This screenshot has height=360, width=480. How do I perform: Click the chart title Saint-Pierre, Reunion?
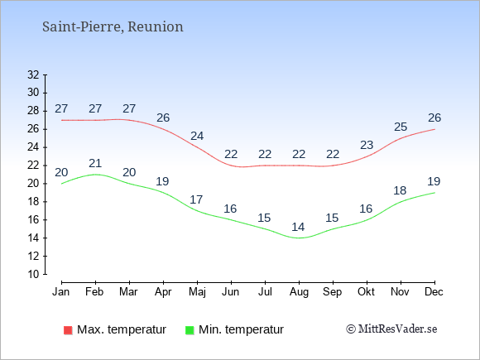tap(113, 26)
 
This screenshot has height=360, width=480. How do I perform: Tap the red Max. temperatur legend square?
tap(68, 330)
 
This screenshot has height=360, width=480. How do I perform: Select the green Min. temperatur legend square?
tap(190, 330)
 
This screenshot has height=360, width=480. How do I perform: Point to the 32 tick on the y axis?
tap(33, 74)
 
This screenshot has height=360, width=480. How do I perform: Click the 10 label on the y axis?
tap(33, 274)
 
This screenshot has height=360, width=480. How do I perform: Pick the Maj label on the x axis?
tap(197, 292)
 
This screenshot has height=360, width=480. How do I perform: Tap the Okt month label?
tap(366, 291)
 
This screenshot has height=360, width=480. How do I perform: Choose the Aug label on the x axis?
tap(299, 292)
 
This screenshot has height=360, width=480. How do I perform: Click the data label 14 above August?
tap(298, 227)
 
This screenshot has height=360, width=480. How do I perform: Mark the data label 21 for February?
tap(95, 163)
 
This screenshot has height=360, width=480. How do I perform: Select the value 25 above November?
tap(401, 127)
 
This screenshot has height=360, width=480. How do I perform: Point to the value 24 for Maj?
tap(197, 136)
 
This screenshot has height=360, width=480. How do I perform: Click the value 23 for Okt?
tap(367, 145)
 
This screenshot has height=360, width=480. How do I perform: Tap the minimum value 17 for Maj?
tap(196, 199)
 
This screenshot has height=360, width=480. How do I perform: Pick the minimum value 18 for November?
tap(400, 190)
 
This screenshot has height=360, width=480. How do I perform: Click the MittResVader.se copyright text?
tap(391, 329)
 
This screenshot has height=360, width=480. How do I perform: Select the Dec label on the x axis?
tap(434, 291)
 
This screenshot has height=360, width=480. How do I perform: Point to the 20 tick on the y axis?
tap(33, 184)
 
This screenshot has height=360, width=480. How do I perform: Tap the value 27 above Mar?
tap(129, 108)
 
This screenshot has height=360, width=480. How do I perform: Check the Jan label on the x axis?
tap(61, 291)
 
